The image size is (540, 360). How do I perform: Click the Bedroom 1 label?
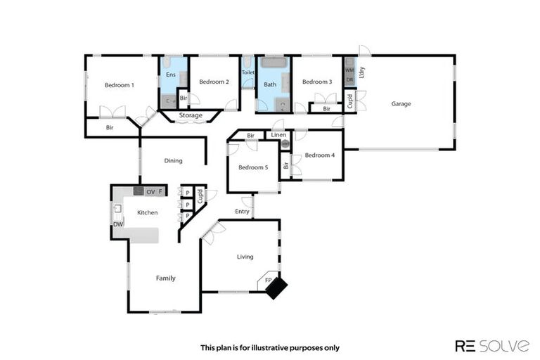pos(119,85)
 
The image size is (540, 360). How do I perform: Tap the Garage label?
pos(401,104)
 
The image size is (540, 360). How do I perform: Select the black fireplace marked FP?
pos(276,287)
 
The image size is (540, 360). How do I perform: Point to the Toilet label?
pos(247,72)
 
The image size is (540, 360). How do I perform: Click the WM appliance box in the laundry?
pos(349,70)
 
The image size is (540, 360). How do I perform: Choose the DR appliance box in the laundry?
pos(349,79)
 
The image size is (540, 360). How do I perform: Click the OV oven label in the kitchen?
pos(150,191)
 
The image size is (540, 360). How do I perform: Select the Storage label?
pos(191,115)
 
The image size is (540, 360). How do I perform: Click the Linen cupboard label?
pos(278,134)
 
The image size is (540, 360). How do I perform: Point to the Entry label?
pos(242,212)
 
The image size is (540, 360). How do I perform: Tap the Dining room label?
pos(173,161)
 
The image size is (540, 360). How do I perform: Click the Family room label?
pos(165,278)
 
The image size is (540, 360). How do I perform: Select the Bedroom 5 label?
pos(252,167)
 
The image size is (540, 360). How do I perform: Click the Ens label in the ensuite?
pos(170,75)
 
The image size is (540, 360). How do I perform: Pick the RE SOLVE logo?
pos(491,345)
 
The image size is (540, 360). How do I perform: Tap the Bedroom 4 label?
pos(320,155)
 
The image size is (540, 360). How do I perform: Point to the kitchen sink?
pos(118,208)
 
